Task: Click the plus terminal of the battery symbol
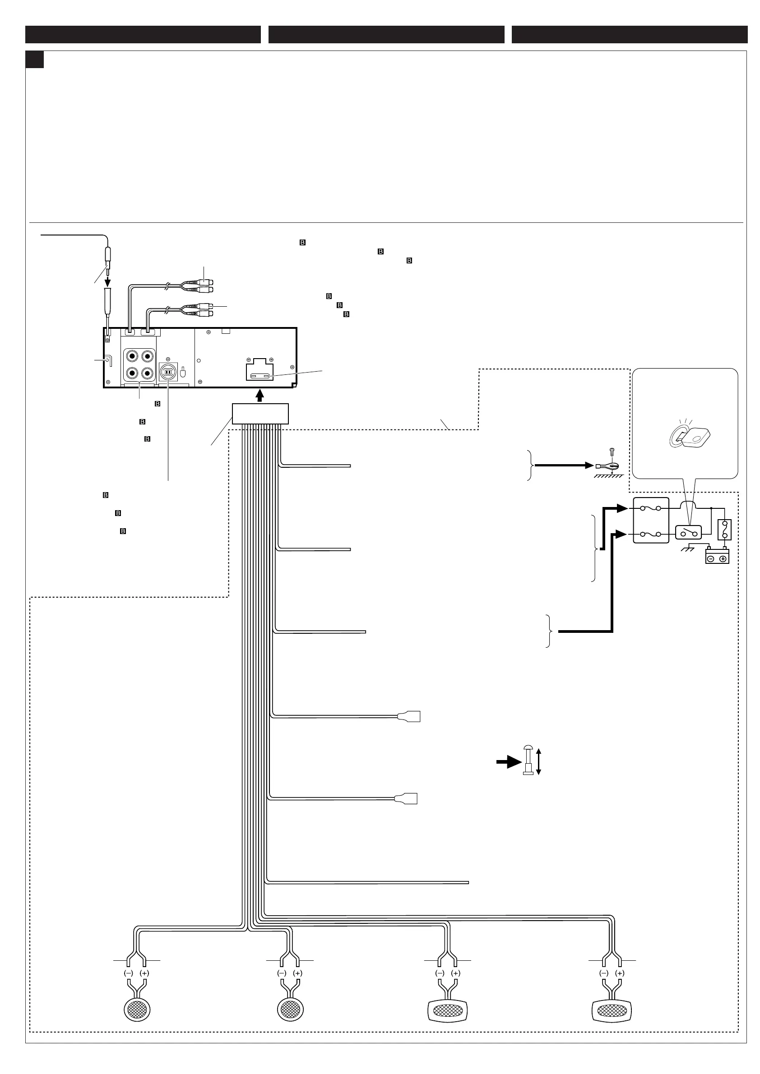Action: (723, 558)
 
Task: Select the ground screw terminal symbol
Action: (607, 466)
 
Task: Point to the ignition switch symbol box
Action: (688, 532)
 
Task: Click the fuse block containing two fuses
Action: (650, 520)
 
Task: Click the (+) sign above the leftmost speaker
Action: (144, 973)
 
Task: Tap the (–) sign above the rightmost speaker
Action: (604, 973)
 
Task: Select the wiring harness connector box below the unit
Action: (260, 414)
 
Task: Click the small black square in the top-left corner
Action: (34, 60)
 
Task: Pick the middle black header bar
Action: (386, 35)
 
